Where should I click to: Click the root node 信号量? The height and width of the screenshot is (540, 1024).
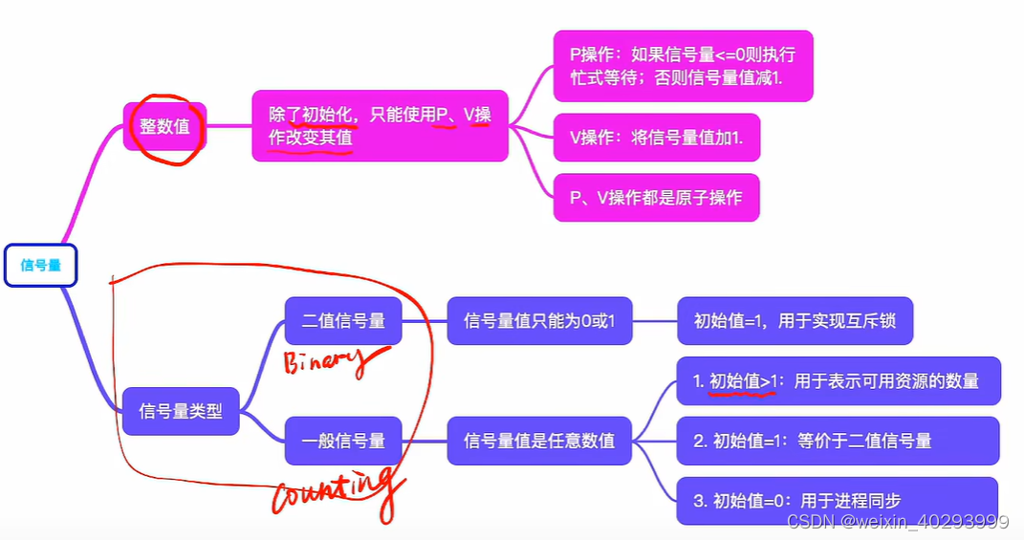40,266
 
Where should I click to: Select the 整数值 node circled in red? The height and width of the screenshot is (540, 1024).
165,126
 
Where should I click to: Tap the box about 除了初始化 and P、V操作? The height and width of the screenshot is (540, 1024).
380,126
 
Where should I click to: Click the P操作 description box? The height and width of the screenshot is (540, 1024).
683,66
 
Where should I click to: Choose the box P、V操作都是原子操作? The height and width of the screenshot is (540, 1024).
656,198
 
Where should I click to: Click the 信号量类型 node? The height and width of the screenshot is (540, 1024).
181,412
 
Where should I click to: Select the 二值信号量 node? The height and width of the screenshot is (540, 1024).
343,321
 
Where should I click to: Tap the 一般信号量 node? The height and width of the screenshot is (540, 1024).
343,441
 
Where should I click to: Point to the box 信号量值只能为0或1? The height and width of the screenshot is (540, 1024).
539,321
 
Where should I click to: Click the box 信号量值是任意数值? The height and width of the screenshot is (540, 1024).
539,441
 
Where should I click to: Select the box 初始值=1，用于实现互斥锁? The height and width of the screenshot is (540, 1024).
795,321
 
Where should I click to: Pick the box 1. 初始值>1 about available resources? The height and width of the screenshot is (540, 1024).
838,380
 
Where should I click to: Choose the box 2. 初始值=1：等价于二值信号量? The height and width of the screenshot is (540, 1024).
838,441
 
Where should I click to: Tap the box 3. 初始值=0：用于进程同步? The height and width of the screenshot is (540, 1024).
837,501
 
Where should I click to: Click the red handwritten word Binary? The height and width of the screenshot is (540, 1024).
325,361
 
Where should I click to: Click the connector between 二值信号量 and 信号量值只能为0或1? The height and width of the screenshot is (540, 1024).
425,321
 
